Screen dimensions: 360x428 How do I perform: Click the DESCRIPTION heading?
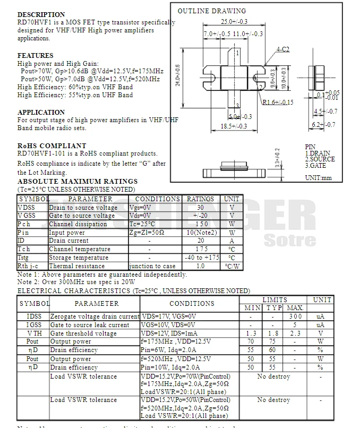(x=41, y=14)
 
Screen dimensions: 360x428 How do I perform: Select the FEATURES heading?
(x=35, y=55)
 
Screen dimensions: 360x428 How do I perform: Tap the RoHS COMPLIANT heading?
(x=52, y=145)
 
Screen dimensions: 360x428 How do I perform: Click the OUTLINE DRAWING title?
(x=211, y=11)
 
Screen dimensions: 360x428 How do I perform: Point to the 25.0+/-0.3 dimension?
(x=234, y=22)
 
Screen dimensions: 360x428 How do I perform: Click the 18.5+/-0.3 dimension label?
(x=234, y=126)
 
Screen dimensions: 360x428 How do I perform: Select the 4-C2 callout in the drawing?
(x=282, y=49)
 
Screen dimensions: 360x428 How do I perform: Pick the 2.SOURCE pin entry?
(x=320, y=159)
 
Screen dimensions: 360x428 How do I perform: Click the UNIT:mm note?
(x=318, y=178)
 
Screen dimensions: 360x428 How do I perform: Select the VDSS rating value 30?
(x=200, y=207)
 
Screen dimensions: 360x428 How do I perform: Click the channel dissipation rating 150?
(x=200, y=224)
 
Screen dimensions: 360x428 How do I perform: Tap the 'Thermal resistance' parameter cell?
(x=77, y=266)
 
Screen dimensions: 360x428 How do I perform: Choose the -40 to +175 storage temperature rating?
(x=200, y=258)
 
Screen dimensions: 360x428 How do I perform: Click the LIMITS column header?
(x=275, y=300)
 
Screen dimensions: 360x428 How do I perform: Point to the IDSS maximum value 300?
(x=295, y=316)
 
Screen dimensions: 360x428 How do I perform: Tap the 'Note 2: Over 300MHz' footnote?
(x=76, y=282)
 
